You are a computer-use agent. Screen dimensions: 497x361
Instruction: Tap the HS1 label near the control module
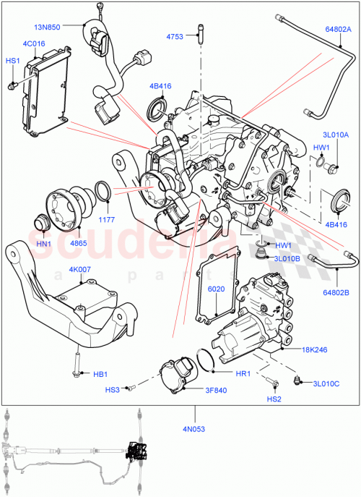pos(13,62)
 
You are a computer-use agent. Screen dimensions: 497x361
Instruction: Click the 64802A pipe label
pos(339,30)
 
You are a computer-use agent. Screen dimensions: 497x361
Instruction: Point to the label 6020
pos(217,290)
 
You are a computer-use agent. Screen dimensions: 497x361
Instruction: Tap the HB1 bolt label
pos(100,374)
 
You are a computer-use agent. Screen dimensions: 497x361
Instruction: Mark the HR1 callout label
pos(243,374)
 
